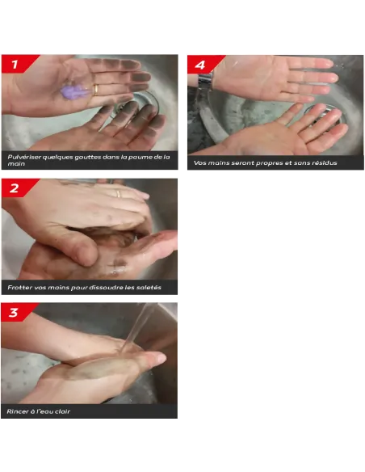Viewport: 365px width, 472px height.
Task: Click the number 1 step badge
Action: (16, 64)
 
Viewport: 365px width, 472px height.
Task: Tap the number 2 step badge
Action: (16, 188)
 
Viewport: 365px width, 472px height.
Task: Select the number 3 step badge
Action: (16, 312)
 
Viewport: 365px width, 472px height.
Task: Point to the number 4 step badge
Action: (203, 65)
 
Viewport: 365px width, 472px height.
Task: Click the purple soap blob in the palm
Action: (74, 91)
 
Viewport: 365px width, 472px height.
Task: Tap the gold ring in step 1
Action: (95, 90)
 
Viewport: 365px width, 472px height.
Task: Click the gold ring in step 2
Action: (118, 193)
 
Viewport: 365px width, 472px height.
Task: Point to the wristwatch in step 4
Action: (205, 81)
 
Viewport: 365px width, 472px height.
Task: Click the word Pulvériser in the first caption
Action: (23, 157)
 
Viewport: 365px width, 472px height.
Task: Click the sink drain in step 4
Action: (324, 116)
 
